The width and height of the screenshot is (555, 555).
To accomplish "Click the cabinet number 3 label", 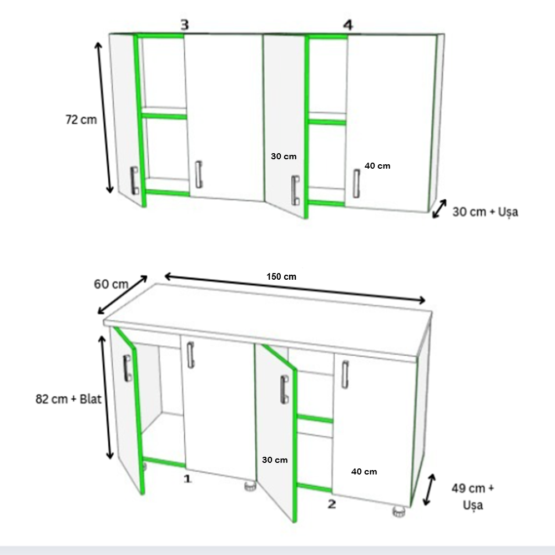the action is coord(185,25).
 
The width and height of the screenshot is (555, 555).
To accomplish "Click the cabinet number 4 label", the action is coord(348,25).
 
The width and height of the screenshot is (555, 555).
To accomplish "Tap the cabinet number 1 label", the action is coord(187,479).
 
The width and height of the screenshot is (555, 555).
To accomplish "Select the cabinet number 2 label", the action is coord(332,504).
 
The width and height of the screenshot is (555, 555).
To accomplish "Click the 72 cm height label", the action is coord(81,120).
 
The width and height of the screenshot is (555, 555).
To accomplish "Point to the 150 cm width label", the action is coord(281,276).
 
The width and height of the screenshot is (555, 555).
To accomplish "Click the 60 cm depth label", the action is coord(111,284).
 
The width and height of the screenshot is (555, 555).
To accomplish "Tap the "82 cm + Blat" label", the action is coord(68,399).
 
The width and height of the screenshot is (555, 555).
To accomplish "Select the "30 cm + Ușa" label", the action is coord(485,211).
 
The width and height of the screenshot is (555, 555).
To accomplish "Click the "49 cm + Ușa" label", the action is coord(473,497).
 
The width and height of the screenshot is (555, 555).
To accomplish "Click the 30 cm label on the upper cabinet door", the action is coord(284,156).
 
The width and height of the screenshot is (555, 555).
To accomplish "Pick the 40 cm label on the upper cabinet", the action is coord(377,165).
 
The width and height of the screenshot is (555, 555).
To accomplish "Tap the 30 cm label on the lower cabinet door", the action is coord(275,460).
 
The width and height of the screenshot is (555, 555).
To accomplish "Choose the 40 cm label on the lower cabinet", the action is coord(364,471).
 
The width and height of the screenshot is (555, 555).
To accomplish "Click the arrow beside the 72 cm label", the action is coord(104,118).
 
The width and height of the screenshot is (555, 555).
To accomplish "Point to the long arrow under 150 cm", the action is coord(295,288).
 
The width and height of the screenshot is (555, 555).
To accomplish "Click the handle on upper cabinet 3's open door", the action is coord(134,180).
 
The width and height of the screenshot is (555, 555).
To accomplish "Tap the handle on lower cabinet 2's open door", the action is coord(284,390).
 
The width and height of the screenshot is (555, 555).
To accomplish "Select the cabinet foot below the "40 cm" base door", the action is coord(399,512).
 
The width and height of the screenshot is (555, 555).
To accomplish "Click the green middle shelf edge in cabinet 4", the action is coord(327,123).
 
